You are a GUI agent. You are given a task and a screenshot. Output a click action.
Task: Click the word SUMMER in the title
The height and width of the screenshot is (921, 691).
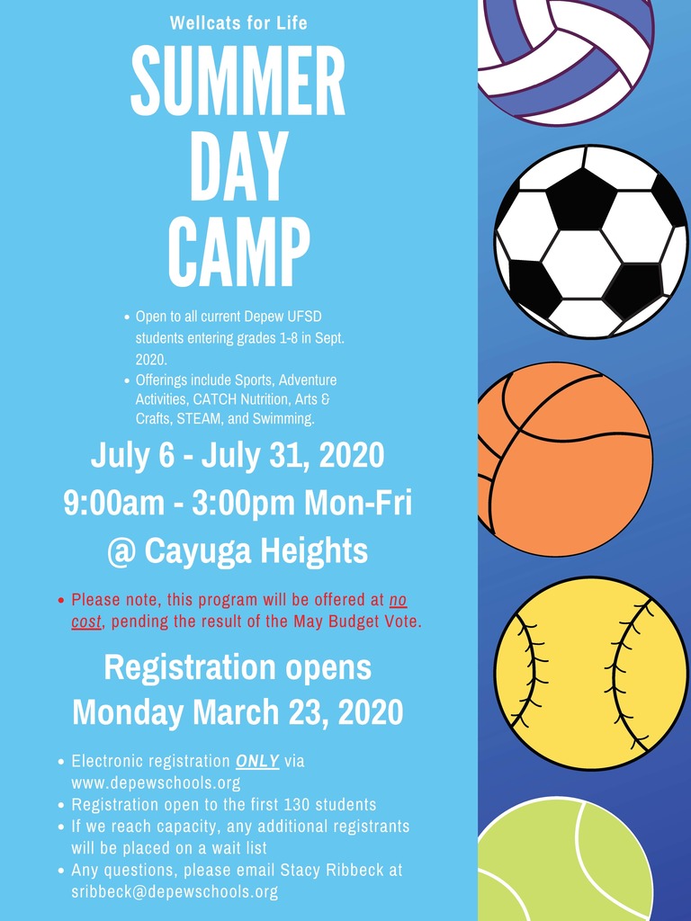tap(238, 80)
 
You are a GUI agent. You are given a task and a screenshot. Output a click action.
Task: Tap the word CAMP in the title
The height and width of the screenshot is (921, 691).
tap(238, 251)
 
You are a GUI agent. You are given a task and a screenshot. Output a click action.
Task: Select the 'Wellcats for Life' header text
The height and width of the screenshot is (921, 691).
tap(238, 22)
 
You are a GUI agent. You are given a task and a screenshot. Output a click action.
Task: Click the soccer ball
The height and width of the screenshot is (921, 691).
tap(591, 241)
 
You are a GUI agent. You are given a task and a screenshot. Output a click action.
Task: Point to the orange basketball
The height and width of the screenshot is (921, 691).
tap(565, 459)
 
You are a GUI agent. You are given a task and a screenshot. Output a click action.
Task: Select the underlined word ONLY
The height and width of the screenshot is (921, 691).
tap(257, 761)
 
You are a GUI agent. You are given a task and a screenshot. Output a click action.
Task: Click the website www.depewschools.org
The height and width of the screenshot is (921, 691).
tap(156, 783)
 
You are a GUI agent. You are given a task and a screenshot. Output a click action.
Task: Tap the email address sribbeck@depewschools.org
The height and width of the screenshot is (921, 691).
tap(175, 891)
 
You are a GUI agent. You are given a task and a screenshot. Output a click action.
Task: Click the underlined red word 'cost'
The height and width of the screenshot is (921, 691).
tap(86, 621)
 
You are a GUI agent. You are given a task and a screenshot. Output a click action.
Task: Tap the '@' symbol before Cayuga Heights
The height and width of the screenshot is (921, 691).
tap(121, 552)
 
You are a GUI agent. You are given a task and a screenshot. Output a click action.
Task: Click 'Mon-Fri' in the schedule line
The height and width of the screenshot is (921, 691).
tap(358, 503)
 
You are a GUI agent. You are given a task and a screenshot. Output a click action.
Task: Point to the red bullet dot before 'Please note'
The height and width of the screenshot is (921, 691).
tap(61, 600)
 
